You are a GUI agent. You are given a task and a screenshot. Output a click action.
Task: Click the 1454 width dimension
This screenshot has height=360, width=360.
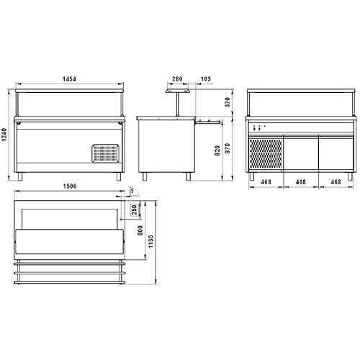point(69,78)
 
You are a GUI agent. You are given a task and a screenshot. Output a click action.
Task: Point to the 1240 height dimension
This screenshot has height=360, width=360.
point(4,135)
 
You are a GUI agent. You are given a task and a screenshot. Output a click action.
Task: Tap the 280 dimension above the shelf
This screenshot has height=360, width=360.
point(177,78)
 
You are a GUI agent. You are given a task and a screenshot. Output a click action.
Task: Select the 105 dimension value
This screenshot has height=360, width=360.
point(206,78)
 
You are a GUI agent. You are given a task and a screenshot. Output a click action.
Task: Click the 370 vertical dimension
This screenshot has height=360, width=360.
point(228,102)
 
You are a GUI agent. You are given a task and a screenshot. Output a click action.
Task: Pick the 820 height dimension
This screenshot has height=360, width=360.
point(217,150)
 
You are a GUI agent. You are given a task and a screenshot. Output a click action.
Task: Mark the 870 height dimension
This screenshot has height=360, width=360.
point(228,148)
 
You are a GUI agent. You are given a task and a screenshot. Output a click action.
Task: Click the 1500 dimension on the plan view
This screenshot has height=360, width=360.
point(70,186)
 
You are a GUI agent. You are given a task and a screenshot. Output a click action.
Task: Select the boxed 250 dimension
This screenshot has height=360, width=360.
point(135,210)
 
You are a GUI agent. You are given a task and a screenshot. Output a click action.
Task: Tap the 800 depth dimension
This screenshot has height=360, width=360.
point(140,230)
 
